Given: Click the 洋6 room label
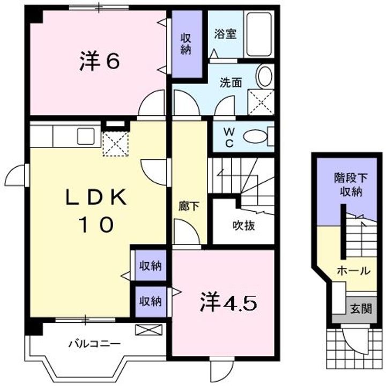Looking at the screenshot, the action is (100, 61).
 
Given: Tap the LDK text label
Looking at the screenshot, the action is (96, 197).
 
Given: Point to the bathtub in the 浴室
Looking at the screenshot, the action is (259, 34).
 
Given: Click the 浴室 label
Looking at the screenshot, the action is (226, 34).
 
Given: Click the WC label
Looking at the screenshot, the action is (229, 138).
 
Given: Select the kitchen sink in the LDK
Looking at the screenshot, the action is (86, 136).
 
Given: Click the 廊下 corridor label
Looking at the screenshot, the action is (189, 206).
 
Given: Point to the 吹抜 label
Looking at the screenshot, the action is (244, 226).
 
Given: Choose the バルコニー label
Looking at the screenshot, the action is (94, 344).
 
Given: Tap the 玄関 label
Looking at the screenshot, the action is (361, 308).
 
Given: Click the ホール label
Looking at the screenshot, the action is (353, 271).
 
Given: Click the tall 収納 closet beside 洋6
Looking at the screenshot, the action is (187, 44).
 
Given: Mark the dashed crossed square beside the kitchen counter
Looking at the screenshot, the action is (115, 144).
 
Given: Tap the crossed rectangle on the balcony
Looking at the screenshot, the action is (149, 330).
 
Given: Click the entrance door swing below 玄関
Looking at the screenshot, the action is (355, 340).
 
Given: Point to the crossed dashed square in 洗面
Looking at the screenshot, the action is (261, 102).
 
